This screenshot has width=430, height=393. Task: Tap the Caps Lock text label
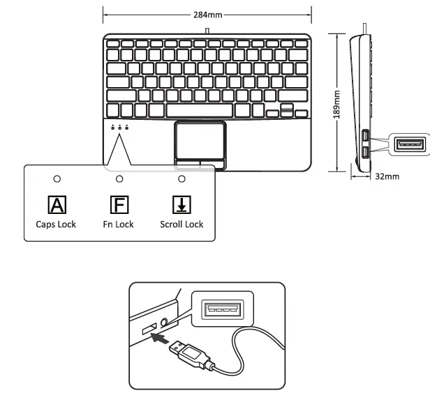57,224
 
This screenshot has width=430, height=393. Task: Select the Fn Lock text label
119,224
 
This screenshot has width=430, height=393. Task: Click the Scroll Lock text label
181,224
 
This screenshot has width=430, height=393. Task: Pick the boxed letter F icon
119,205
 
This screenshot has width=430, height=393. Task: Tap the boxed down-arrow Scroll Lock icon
181,205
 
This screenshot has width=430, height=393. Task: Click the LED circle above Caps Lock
57,179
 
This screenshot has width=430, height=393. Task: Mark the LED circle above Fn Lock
119,179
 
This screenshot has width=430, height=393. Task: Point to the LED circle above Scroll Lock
181,179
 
